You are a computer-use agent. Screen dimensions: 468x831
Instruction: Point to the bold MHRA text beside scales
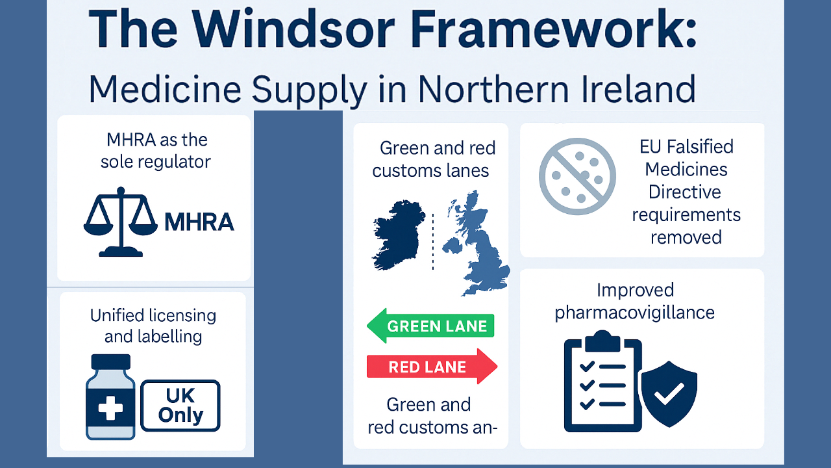tap(199, 222)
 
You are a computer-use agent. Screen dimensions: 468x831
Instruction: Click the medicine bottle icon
tap(110, 397)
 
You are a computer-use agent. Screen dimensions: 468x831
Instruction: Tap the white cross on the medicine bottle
tap(110, 409)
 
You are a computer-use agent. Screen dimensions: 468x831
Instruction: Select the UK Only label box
tap(180, 406)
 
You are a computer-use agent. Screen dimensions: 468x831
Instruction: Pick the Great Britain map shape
tap(477, 244)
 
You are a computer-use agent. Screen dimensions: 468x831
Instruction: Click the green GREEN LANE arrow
tap(430, 326)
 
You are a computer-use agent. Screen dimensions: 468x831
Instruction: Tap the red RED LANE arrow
tap(432, 367)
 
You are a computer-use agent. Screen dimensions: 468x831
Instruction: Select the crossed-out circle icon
tap(577, 176)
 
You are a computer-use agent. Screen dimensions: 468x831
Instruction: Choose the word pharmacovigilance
tap(634, 313)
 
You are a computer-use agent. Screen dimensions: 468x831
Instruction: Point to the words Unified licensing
tap(153, 316)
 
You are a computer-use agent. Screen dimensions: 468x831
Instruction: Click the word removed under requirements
tap(686, 237)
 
